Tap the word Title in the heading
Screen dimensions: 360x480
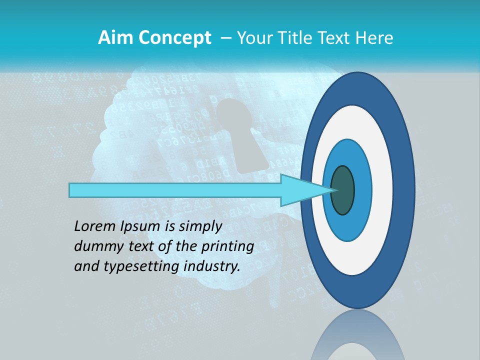pos(292,38)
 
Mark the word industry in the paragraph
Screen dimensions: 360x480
pos(212,267)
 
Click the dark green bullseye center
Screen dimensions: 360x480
pos(343,190)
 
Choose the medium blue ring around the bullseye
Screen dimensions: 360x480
pos(363,190)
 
